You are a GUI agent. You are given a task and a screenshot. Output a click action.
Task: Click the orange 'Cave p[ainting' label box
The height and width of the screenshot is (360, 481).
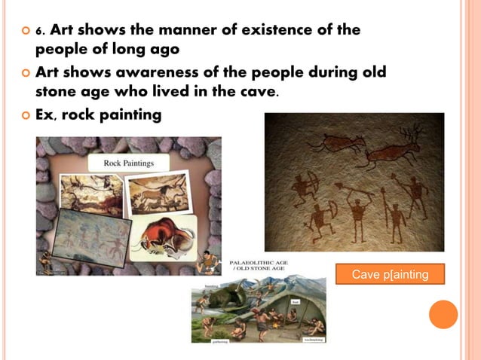[390, 274]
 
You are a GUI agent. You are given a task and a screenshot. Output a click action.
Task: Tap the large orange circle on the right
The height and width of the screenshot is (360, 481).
[443, 314]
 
